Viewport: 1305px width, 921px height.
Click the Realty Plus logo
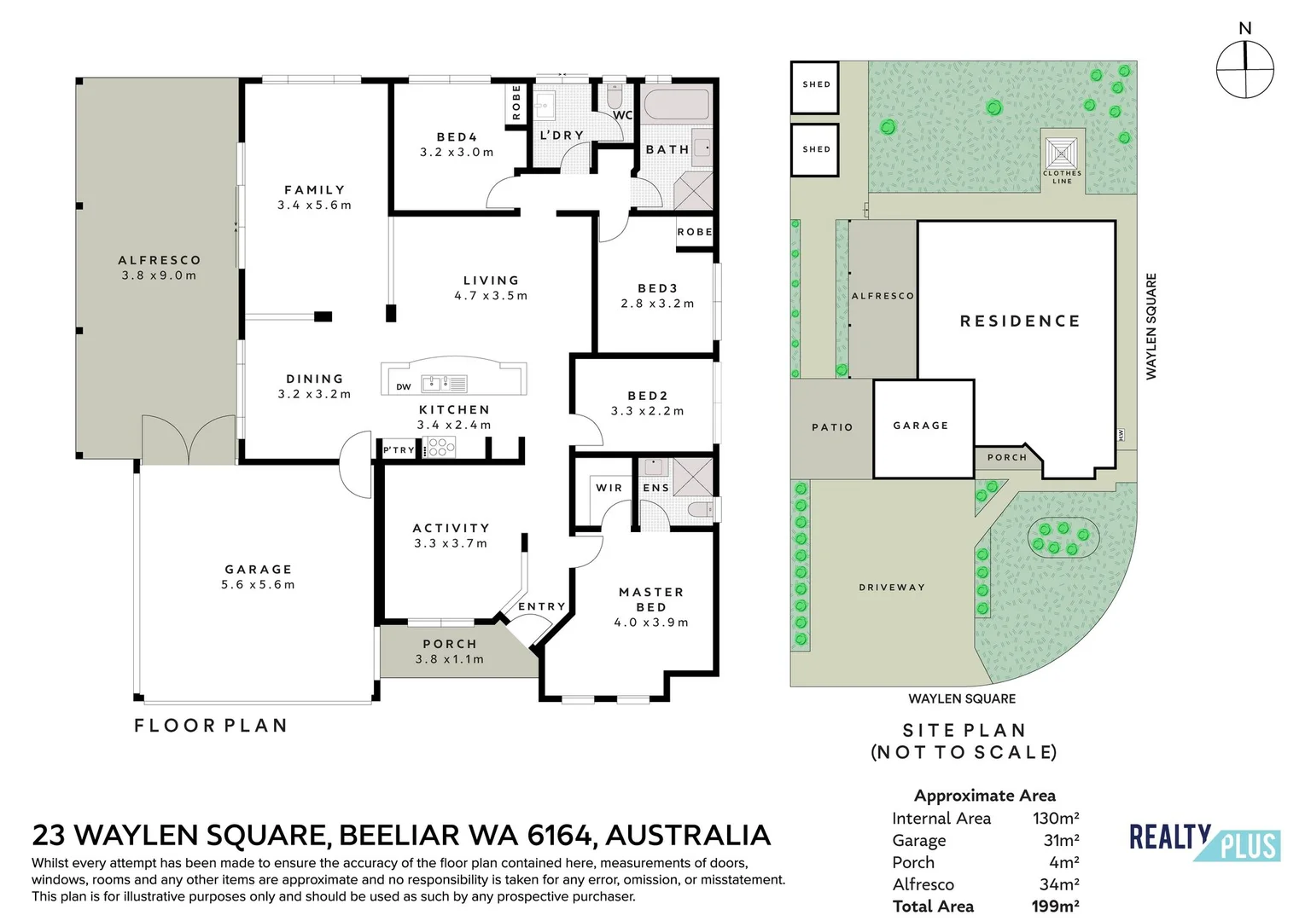(1205, 843)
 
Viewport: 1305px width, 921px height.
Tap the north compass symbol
(1245, 69)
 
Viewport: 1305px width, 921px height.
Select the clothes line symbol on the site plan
(1061, 153)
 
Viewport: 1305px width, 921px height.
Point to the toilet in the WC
(615, 96)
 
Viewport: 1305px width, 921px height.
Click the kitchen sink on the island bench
(445, 384)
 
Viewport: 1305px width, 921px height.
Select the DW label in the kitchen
(403, 386)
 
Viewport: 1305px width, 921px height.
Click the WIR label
(609, 488)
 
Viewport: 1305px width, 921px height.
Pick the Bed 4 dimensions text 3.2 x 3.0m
(457, 153)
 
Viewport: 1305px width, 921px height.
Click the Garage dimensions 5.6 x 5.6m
(258, 584)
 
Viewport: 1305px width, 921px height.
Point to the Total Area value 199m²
(1055, 907)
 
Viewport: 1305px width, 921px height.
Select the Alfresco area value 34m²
(1059, 884)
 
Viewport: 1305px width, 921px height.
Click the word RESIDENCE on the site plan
(1020, 321)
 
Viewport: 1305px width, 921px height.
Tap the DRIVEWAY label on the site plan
(892, 588)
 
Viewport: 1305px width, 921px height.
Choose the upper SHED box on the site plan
(814, 87)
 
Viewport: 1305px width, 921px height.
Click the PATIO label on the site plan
(832, 427)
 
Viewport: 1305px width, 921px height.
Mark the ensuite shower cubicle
(693, 476)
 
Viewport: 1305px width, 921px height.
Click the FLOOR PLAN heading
(211, 726)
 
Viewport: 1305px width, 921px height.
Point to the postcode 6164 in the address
(559, 835)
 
